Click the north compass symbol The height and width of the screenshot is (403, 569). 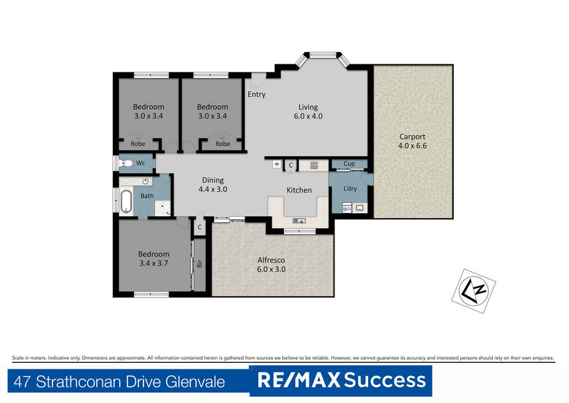474,291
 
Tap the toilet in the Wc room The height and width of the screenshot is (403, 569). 127,163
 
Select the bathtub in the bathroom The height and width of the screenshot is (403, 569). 126,201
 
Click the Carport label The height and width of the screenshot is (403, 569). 412,137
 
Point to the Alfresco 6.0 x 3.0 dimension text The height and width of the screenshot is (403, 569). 271,269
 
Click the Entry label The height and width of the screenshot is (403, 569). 256,94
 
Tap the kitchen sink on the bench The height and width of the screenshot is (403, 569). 299,220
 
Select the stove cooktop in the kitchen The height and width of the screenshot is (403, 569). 314,166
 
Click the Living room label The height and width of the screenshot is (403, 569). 308,107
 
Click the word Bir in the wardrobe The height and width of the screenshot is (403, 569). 199,264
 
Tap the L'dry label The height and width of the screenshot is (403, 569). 350,189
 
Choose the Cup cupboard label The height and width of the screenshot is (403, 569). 349,164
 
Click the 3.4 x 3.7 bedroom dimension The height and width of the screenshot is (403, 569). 154,263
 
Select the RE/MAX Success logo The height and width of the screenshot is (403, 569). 341,381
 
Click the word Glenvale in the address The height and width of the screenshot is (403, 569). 195,382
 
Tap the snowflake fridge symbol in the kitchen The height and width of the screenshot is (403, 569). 277,164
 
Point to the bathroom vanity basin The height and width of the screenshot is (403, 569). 145,181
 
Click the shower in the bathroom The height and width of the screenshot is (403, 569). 163,208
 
